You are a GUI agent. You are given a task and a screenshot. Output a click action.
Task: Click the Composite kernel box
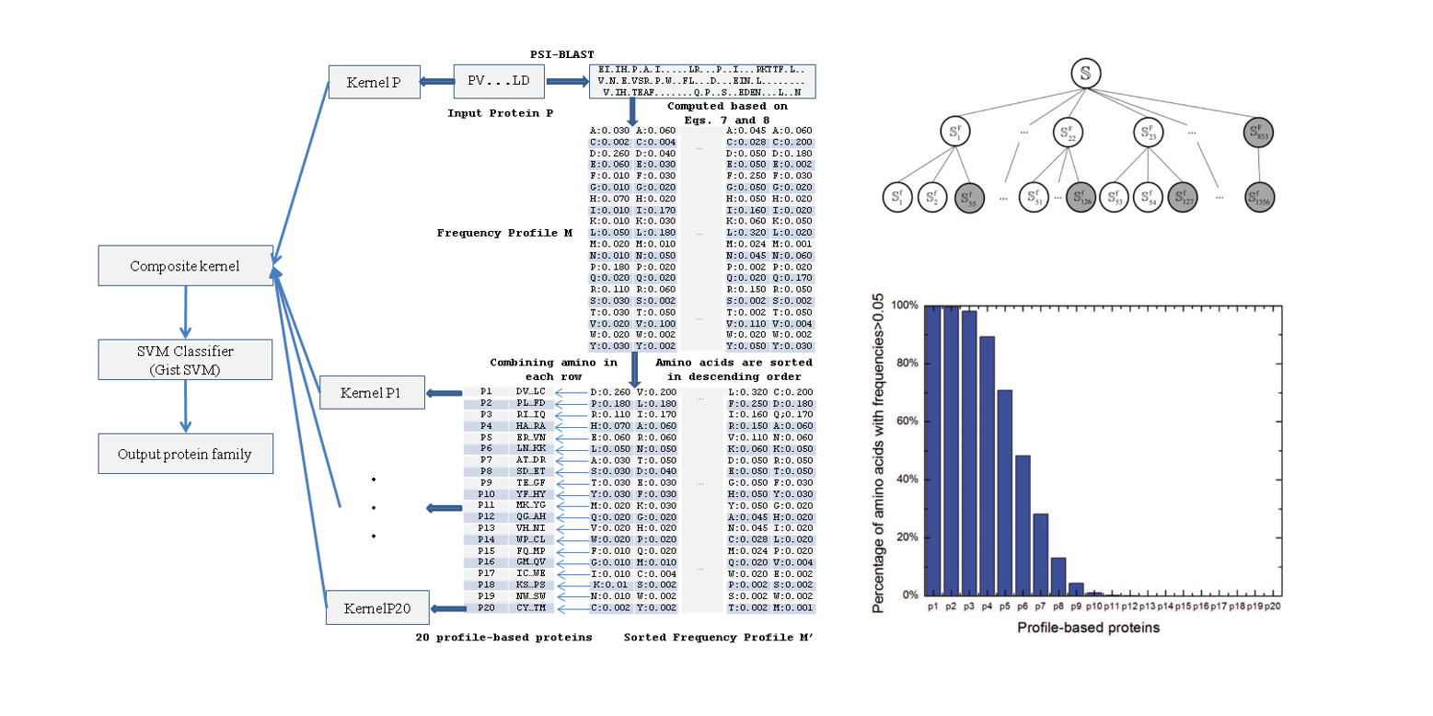185,266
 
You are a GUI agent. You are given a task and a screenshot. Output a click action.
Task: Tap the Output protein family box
185,454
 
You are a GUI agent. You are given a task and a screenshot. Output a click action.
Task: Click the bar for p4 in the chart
987,466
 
